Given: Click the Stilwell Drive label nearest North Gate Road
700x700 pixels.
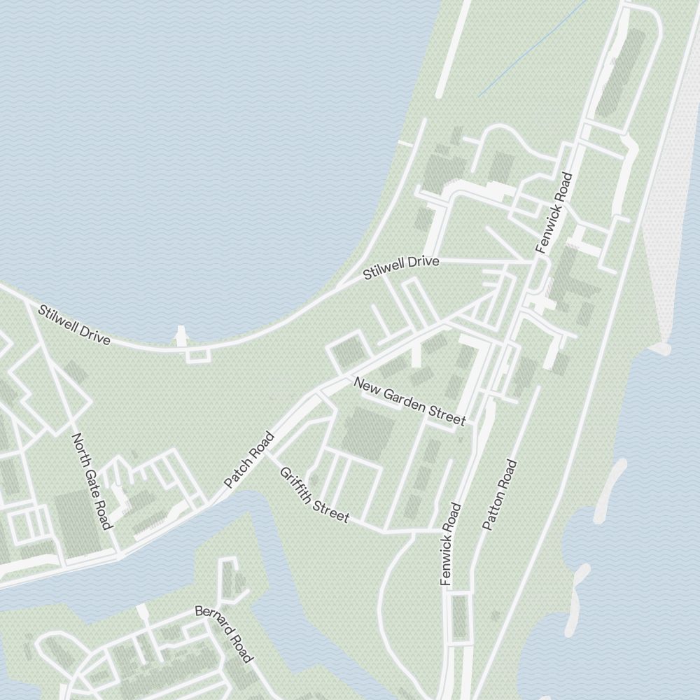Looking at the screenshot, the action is [74, 324].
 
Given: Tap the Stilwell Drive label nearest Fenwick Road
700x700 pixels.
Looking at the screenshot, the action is [401, 268].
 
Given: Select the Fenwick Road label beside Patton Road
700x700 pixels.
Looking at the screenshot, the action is [451, 544].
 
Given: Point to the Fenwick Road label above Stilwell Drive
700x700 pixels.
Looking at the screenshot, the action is [554, 213].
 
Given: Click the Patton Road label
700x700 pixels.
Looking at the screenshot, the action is [500, 494].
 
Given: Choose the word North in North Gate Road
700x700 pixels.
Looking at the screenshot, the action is [79, 448].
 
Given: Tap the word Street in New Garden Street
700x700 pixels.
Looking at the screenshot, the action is [449, 417].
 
